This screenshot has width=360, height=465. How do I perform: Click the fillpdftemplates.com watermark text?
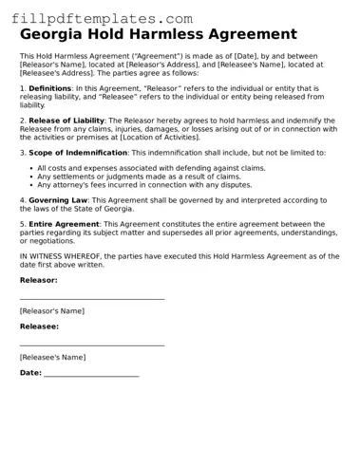(x=102, y=18)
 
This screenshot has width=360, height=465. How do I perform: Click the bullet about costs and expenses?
(x=151, y=167)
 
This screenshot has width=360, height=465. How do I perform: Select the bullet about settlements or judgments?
(x=139, y=176)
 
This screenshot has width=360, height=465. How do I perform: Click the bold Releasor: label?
(x=38, y=280)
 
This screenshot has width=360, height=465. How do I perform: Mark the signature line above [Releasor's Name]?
(x=92, y=299)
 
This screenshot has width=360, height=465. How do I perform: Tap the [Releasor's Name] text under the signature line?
(x=51, y=310)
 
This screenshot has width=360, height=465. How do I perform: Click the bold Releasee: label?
(x=39, y=325)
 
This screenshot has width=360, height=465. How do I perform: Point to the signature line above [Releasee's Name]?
(x=92, y=345)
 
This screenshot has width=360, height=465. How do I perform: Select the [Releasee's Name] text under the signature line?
(x=52, y=357)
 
